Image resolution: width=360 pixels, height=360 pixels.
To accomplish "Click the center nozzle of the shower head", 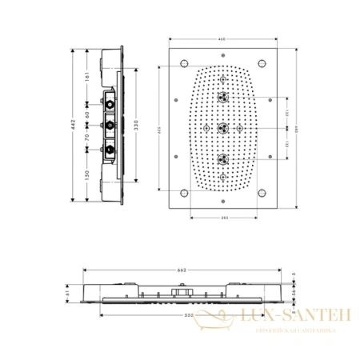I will tap(223, 128).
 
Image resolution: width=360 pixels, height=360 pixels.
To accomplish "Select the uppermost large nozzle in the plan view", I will tap(223, 98).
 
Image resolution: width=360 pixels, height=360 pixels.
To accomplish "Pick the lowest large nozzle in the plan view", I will tap(223, 158).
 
